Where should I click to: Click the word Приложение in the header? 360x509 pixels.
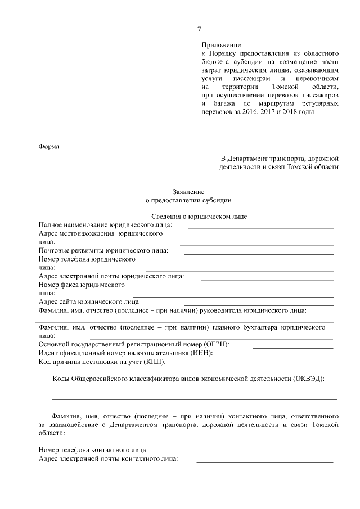click(x=221, y=44)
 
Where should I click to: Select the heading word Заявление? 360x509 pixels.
click(x=188, y=191)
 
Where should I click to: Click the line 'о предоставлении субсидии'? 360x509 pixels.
click(x=188, y=199)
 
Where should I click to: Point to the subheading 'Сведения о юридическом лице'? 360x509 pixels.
click(x=192, y=216)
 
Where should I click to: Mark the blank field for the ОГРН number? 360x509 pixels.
click(x=293, y=347)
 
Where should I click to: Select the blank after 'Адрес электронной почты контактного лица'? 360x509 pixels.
click(x=264, y=461)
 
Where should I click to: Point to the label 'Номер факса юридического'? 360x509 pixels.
click(x=82, y=285)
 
